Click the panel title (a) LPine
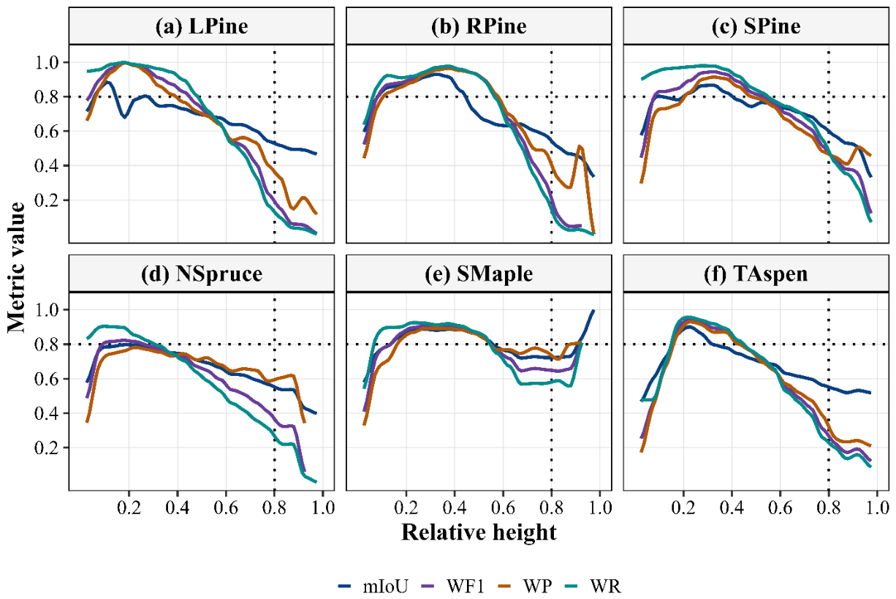pyautogui.click(x=202, y=26)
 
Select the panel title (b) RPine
pyautogui.click(x=479, y=26)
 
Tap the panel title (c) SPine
pyautogui.click(x=756, y=26)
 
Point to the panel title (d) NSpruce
pyautogui.click(x=202, y=274)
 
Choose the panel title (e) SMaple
pyautogui.click(x=479, y=274)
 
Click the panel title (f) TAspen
pyautogui.click(x=756, y=274)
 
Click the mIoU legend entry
pyautogui.click(x=373, y=587)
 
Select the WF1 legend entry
pyautogui.click(x=453, y=587)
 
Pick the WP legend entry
pyautogui.click(x=525, y=587)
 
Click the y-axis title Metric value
pyautogui.click(x=16, y=268)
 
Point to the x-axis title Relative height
pyautogui.click(x=479, y=532)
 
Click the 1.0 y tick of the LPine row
pyautogui.click(x=48, y=63)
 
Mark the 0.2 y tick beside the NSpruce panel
pyautogui.click(x=48, y=448)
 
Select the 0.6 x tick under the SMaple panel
pyautogui.click(x=503, y=508)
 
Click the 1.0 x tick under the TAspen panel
pyautogui.click(x=877, y=508)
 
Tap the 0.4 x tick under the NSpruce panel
pyautogui.click(x=177, y=508)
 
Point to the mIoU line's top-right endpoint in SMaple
pyautogui.click(x=593, y=311)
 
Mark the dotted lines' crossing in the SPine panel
pyautogui.click(x=829, y=97)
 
